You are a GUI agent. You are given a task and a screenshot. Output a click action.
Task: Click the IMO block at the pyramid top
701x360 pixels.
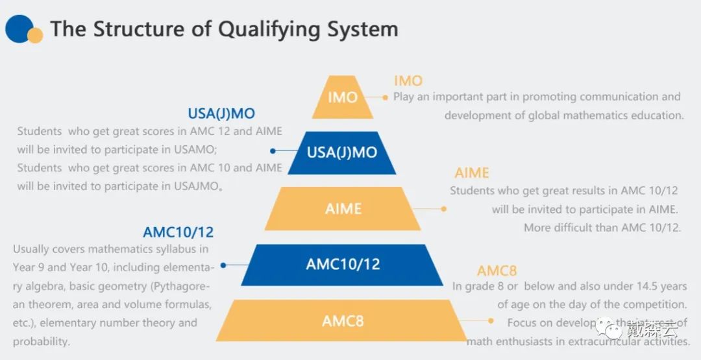click(342, 97)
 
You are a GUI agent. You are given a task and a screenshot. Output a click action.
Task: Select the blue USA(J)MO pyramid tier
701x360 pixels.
click(341, 153)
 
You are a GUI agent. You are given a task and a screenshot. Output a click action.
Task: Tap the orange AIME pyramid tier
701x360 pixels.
click(343, 209)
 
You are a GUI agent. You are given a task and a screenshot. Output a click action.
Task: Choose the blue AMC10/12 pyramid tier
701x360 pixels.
click(343, 265)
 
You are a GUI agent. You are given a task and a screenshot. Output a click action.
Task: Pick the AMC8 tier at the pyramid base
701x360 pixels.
click(343, 320)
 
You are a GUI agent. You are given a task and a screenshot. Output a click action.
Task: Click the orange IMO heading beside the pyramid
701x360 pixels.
click(408, 81)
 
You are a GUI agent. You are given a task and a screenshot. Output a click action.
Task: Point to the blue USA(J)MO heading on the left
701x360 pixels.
click(221, 114)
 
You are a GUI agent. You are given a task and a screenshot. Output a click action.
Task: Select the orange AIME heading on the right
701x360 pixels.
click(471, 173)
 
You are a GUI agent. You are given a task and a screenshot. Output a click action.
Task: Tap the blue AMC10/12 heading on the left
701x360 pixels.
click(178, 232)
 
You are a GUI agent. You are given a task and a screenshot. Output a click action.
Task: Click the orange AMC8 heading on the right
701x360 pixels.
click(497, 271)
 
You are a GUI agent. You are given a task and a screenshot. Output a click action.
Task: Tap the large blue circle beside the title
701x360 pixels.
click(18, 28)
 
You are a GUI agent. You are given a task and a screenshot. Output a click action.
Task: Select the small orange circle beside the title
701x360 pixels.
click(36, 35)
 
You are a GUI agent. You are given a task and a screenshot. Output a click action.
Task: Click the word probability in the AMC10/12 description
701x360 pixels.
click(41, 341)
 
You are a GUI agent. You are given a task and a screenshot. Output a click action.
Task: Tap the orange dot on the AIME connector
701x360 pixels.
click(444, 209)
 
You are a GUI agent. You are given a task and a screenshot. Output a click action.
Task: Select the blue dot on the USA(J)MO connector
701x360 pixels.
click(273, 150)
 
